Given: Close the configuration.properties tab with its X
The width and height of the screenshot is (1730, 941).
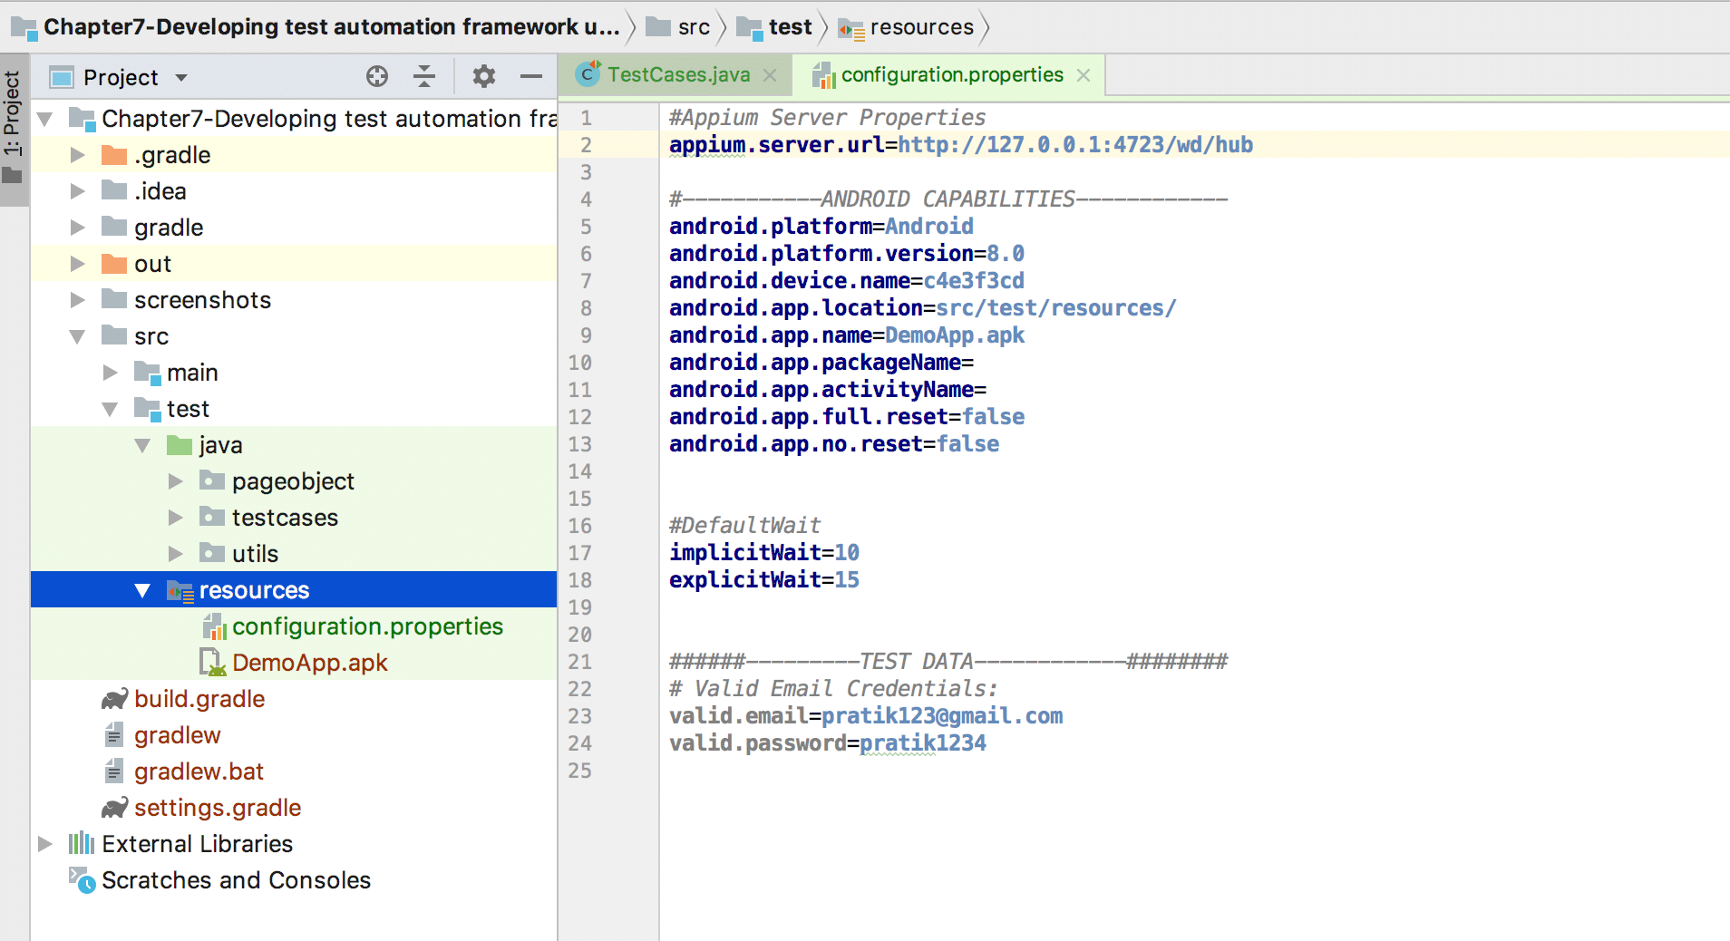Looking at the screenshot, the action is pyautogui.click(x=1084, y=75).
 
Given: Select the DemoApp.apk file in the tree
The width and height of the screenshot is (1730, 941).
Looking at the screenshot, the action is pyautogui.click(x=309, y=663).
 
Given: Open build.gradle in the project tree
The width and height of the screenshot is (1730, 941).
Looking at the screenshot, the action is pyautogui.click(x=199, y=699).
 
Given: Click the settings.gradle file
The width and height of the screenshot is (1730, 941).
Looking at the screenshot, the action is pyautogui.click(x=218, y=808).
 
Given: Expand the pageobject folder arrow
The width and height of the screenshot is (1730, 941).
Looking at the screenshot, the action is pyautogui.click(x=176, y=481).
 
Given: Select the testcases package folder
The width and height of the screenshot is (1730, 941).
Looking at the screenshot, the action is pyautogui.click(x=284, y=518).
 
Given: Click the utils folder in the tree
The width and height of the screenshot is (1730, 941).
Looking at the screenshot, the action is pyautogui.click(x=254, y=554).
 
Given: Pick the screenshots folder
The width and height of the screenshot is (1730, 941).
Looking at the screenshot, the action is pyautogui.click(x=202, y=300).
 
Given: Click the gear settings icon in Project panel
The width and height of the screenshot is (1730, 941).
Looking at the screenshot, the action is pyautogui.click(x=484, y=76).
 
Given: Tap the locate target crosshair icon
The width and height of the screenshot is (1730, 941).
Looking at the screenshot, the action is pyautogui.click(x=377, y=76).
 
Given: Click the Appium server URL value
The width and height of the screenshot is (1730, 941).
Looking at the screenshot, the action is pyautogui.click(x=1075, y=145).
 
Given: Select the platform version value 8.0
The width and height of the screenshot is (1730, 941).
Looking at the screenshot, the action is pyautogui.click(x=1006, y=254).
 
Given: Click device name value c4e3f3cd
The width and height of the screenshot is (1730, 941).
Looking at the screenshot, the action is pyautogui.click(x=974, y=281).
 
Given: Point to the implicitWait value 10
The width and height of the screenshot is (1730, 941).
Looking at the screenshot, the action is pyautogui.click(x=847, y=553).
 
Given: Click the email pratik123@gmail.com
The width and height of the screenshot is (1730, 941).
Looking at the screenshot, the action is pyautogui.click(x=942, y=716).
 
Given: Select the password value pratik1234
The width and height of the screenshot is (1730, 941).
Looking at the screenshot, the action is pyautogui.click(x=923, y=743).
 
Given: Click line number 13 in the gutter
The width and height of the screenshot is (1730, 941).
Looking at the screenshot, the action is pyautogui.click(x=580, y=444).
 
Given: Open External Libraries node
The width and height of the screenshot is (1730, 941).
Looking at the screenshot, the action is pyautogui.click(x=197, y=844).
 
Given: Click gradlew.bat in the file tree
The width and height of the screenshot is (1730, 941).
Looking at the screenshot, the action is pyautogui.click(x=199, y=771).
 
